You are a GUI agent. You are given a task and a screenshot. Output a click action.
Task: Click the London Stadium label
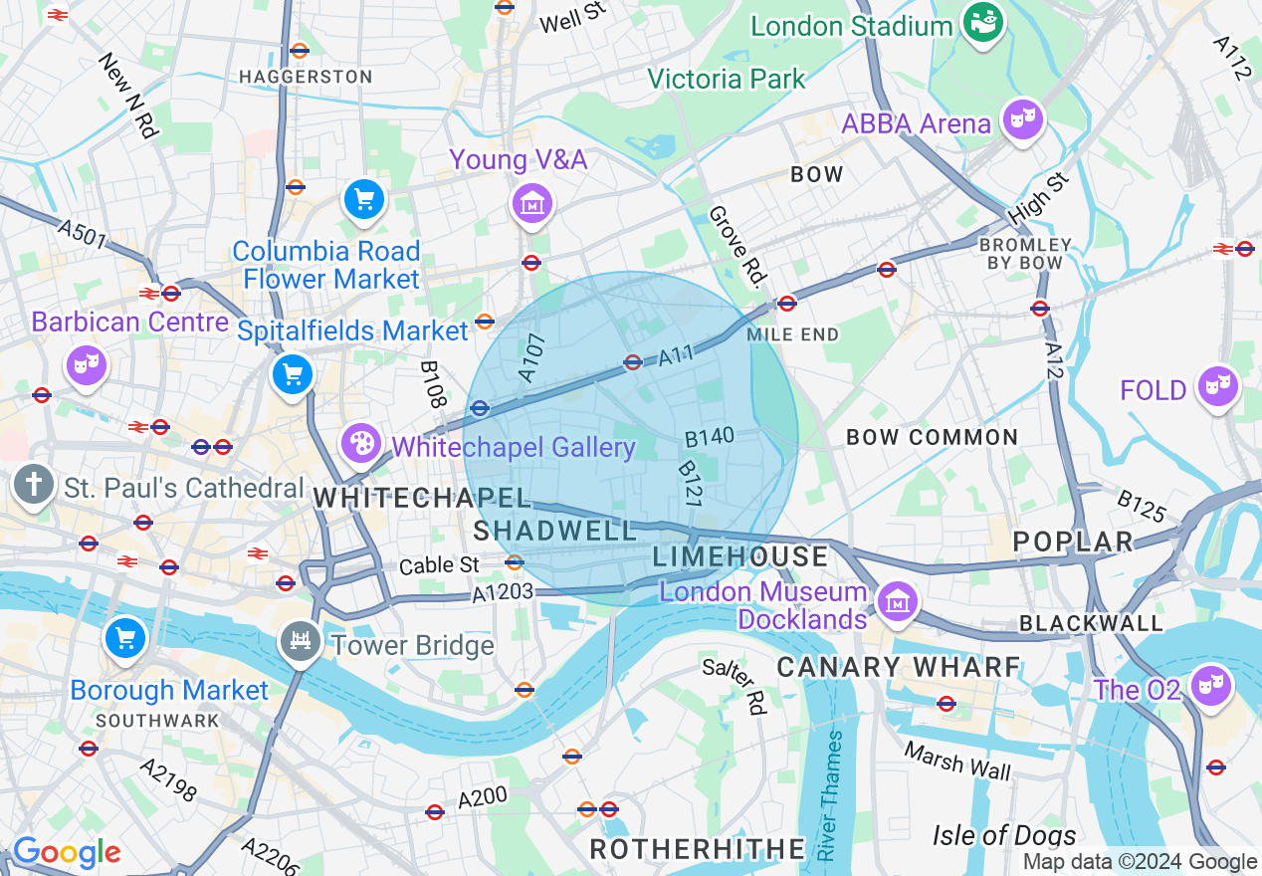point(851,26)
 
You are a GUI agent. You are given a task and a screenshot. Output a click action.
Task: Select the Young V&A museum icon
point(532,203)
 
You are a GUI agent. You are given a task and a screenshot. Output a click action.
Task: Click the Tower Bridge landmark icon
point(299,642)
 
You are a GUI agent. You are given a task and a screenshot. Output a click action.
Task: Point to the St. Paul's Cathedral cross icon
point(34,486)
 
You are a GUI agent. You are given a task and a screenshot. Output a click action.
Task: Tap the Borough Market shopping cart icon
point(125,638)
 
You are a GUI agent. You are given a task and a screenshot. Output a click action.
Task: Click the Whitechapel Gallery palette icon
point(360,443)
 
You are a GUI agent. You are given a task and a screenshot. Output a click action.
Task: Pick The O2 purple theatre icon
point(1213,686)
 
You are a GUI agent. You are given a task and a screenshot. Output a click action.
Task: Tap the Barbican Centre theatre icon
point(87,364)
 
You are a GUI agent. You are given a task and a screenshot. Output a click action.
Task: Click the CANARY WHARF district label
point(898,667)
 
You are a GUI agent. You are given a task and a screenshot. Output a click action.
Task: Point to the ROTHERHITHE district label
point(698,848)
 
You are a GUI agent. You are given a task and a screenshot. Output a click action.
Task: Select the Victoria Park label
point(726,78)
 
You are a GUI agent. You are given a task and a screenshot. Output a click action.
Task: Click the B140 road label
point(710,436)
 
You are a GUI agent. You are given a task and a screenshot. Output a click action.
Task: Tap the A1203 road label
point(503,592)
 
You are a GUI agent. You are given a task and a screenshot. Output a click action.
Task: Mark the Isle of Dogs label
point(1003,834)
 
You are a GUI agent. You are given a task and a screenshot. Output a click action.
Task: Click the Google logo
point(67,852)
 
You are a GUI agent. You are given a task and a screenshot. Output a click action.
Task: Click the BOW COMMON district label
point(932,437)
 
